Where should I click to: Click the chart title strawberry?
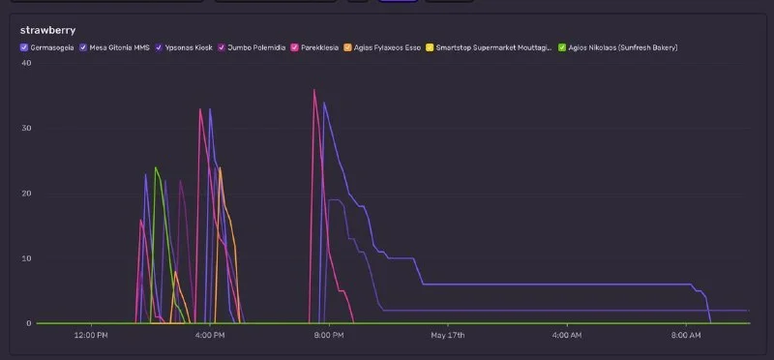coord(47,31)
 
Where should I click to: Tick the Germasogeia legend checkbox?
coord(23,47)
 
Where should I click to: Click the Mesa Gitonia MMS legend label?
coord(119,47)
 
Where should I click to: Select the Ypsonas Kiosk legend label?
coord(189,47)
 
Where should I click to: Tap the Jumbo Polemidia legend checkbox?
coord(222,47)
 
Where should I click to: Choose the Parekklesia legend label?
coord(319,47)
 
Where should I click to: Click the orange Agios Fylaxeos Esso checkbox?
coord(347,47)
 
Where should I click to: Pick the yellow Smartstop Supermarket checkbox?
coord(430,47)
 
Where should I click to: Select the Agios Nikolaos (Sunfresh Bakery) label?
coord(623,47)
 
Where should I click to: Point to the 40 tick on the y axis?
coord(26,63)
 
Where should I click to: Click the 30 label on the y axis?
coord(26,128)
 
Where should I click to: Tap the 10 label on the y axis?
coord(27,258)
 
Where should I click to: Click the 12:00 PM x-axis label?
coord(91,335)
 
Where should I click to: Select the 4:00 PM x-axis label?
coord(210,335)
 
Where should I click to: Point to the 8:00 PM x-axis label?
coord(329,335)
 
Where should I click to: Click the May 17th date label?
coord(448,335)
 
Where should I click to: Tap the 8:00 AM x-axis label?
coord(686,335)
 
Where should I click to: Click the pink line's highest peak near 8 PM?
coord(313,89)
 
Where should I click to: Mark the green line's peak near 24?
coord(156,167)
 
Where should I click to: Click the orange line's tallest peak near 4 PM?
coord(220,167)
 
